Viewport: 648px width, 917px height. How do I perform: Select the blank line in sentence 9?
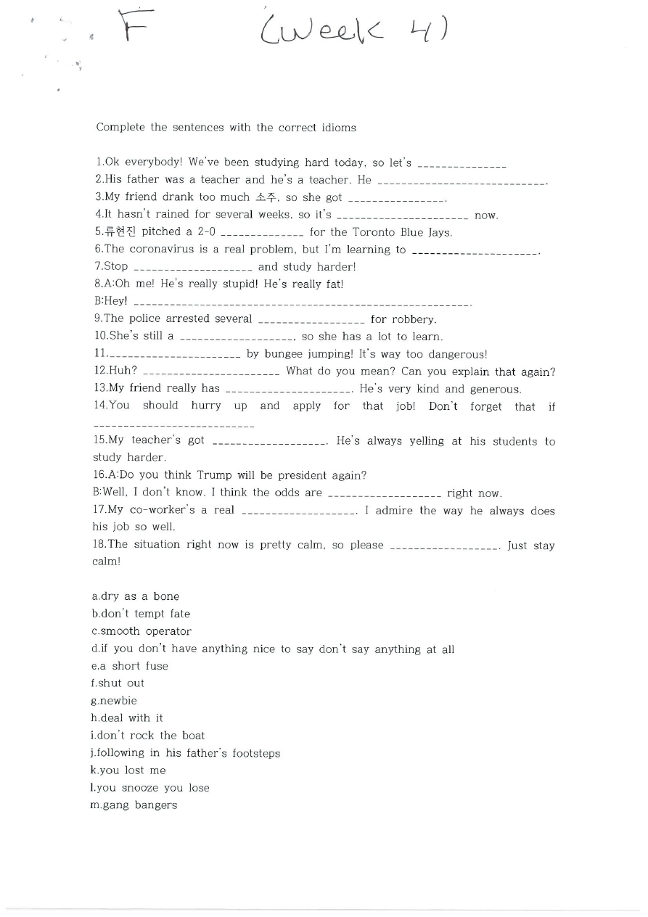pos(311,321)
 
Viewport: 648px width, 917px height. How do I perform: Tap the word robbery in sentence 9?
pos(414,319)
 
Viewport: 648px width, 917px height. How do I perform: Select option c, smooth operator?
pos(142,631)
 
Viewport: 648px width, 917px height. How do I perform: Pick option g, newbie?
pos(114,701)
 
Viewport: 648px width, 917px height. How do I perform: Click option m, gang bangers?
pos(134,805)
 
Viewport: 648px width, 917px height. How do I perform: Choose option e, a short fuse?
pos(130,666)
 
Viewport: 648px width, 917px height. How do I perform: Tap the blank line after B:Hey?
pos(302,303)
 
